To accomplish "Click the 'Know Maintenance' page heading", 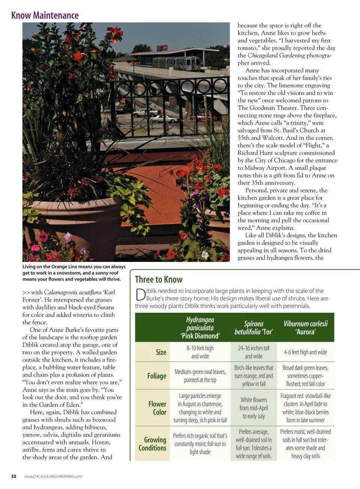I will [45, 15].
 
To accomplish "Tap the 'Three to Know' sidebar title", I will [159, 280].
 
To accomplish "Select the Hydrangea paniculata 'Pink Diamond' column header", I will [200, 327].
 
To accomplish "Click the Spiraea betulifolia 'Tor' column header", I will [253, 327].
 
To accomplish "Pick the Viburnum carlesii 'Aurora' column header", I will [305, 327].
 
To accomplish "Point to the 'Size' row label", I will [161, 352].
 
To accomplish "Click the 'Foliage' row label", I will [156, 376].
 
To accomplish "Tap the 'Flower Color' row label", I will [157, 408].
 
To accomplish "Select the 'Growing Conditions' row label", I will [152, 444].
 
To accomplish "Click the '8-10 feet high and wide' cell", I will [200, 352].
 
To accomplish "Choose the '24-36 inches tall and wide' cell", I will [253, 352].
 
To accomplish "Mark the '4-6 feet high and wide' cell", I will [305, 352].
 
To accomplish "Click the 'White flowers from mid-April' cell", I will [253, 408].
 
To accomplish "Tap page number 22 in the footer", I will [13, 476].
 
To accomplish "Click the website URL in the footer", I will [53, 477].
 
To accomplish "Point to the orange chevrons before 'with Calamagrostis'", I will [26, 292].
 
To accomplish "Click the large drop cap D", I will [140, 295].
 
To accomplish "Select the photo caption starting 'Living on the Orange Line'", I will [74, 273].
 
